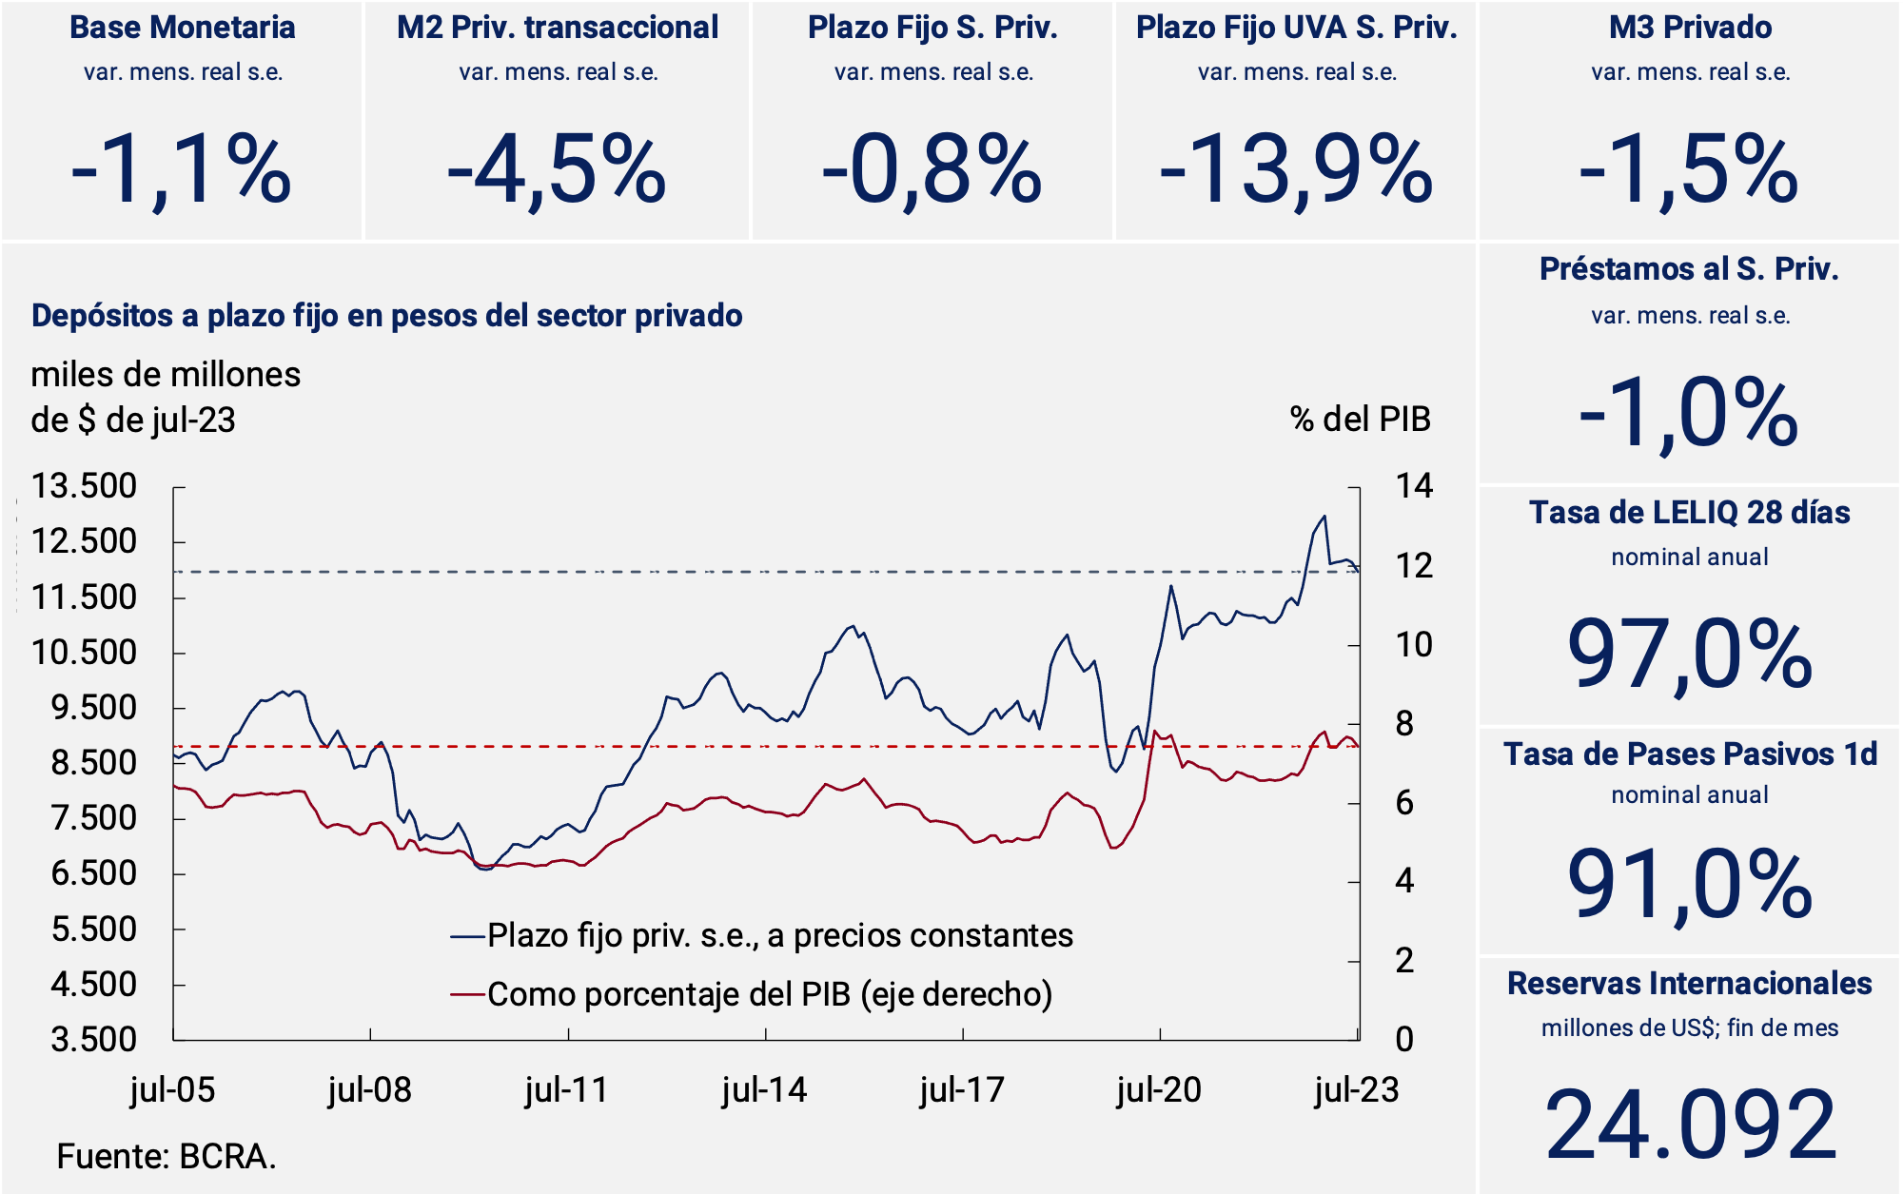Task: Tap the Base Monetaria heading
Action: click(x=183, y=28)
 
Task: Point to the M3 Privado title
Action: click(x=1690, y=28)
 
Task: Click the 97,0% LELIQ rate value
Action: click(x=1690, y=655)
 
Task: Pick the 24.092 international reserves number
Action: click(x=1690, y=1125)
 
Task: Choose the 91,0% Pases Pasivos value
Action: click(x=1690, y=886)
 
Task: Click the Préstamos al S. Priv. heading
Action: click(x=1689, y=269)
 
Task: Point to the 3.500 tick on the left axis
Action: click(x=94, y=1039)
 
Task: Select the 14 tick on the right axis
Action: click(x=1414, y=486)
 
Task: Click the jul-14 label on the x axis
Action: click(x=764, y=1090)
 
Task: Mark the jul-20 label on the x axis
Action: click(x=1159, y=1090)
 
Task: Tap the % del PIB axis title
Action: click(x=1360, y=420)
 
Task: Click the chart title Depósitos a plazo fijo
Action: click(x=386, y=316)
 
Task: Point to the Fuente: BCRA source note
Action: click(x=167, y=1157)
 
